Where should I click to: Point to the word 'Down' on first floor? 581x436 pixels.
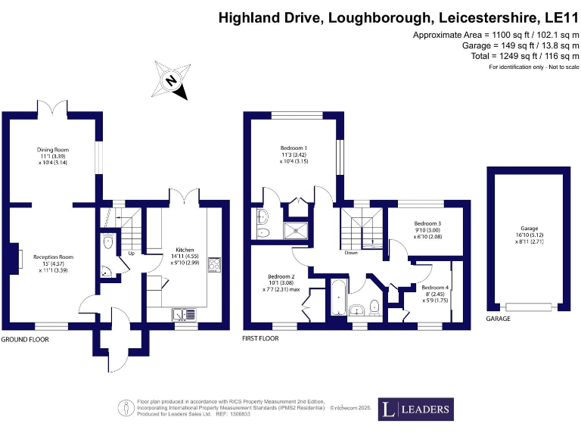[351, 254]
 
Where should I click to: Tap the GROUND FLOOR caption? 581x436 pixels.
[25, 340]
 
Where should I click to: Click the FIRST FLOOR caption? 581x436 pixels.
[263, 340]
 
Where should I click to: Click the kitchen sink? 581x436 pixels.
[183, 313]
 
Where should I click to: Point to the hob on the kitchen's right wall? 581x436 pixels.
[214, 264]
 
